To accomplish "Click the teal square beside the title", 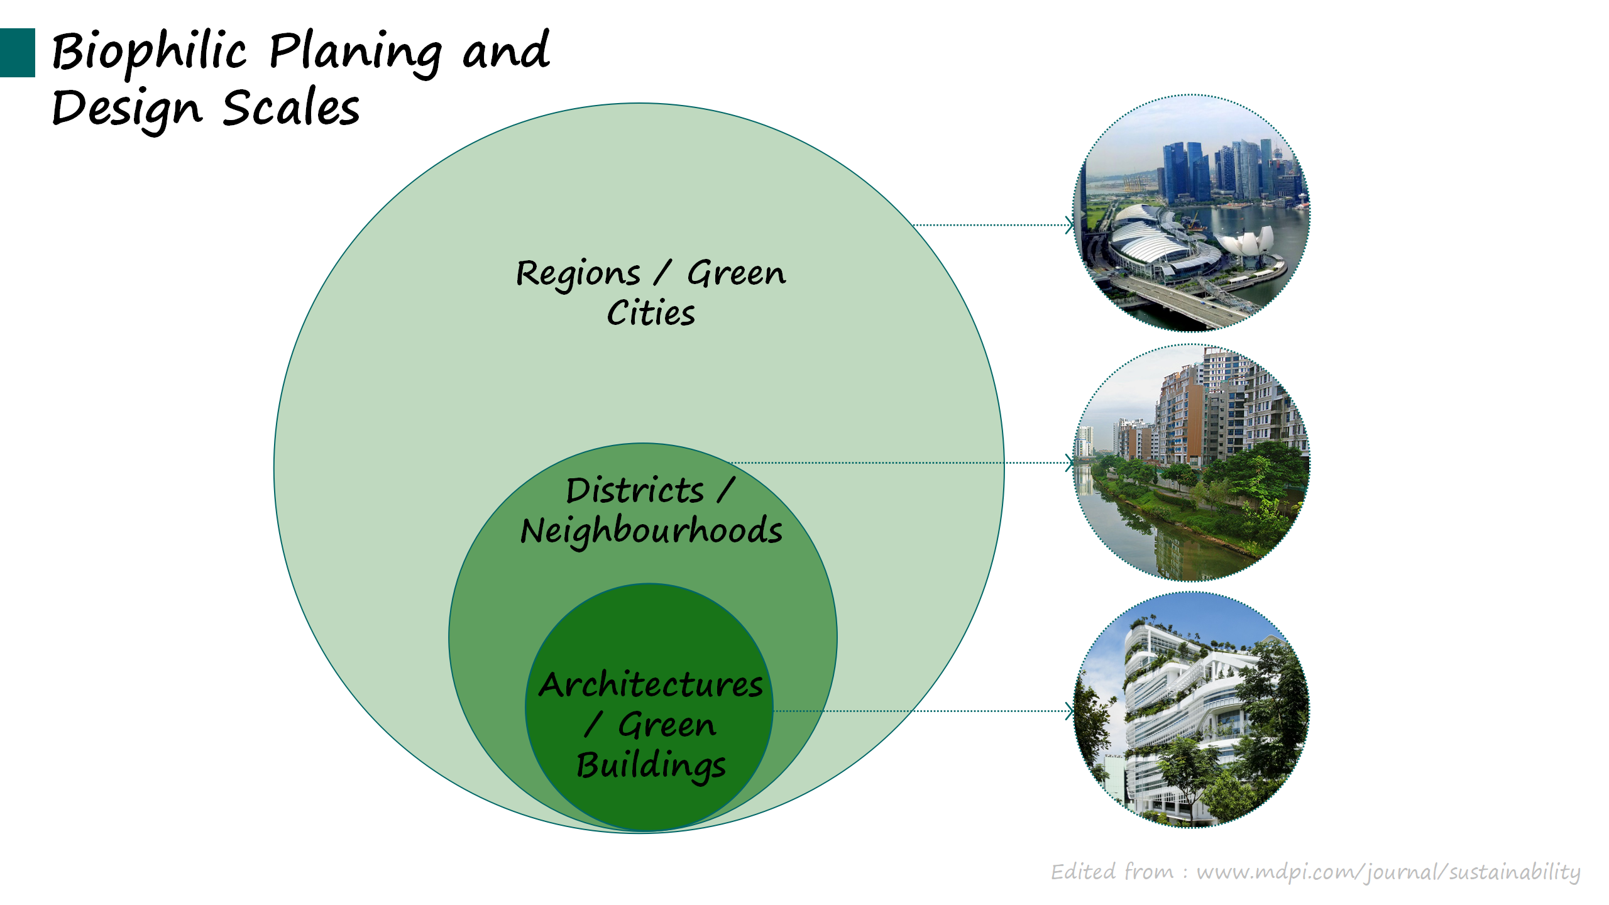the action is (18, 53).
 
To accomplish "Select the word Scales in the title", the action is (291, 107).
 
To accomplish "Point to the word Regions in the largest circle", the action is (578, 275).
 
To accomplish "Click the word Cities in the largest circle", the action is (651, 313).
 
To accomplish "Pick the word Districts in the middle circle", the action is (635, 490).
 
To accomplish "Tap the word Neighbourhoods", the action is (652, 532).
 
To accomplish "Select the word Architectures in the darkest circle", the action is (651, 684).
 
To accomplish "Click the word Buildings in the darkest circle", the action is (651, 765).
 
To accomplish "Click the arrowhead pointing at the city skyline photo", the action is (1070, 224).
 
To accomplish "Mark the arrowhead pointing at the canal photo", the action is (1070, 463).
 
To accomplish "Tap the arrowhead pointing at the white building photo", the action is (1070, 711).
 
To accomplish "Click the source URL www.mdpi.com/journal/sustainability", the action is (1388, 872).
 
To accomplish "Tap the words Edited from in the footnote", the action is (1112, 872).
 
